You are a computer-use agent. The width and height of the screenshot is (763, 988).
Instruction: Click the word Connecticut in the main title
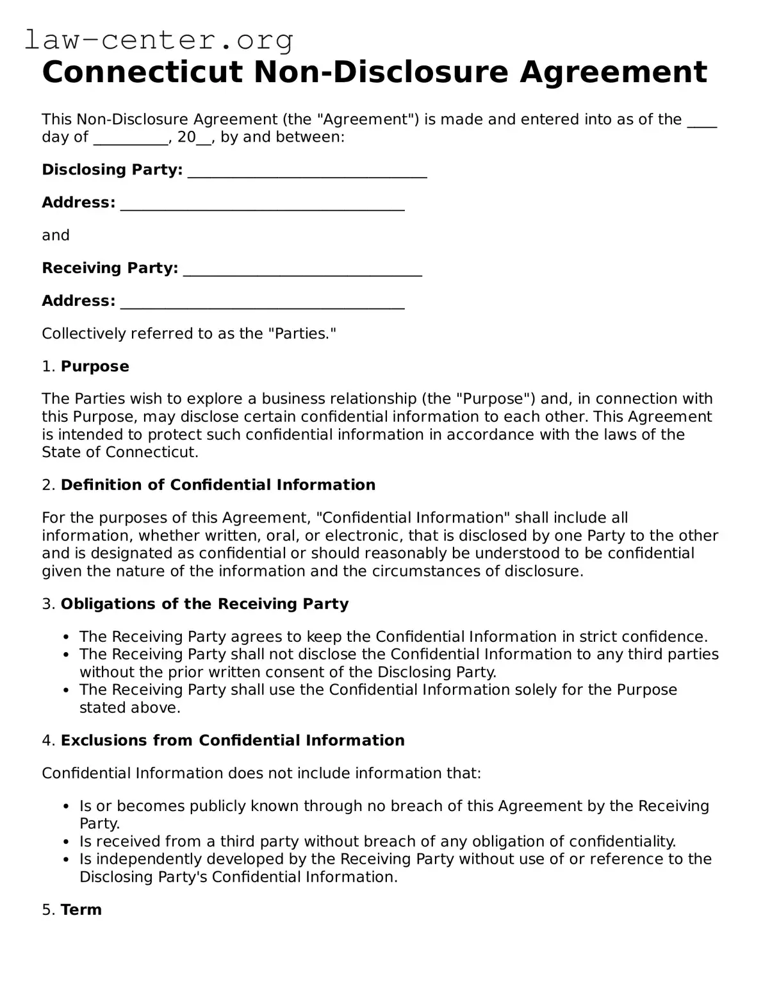coord(142,72)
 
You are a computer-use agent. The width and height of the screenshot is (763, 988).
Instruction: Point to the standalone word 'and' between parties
coord(56,235)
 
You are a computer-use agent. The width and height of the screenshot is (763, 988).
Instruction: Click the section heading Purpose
coord(95,366)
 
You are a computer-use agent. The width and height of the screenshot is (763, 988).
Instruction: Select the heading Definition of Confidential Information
coord(218,485)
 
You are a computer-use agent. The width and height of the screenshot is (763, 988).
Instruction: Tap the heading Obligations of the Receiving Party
coord(204,604)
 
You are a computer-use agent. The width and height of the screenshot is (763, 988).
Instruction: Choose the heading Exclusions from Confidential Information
coord(233,741)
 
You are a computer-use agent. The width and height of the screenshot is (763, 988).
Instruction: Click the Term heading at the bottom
coord(81,910)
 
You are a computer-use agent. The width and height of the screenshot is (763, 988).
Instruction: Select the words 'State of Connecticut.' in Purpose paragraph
coord(120,452)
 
